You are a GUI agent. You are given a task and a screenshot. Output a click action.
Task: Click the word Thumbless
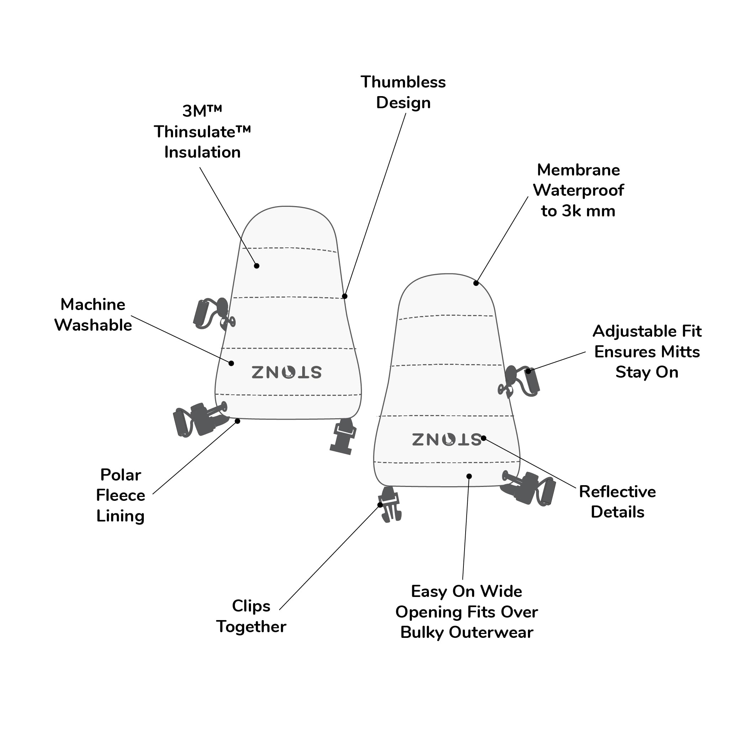click(x=403, y=82)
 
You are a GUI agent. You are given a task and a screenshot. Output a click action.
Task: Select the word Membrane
click(x=578, y=170)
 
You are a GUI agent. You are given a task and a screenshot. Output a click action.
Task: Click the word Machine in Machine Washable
click(x=93, y=304)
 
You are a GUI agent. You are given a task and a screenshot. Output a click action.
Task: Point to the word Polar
click(x=121, y=475)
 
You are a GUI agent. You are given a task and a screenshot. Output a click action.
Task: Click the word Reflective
click(x=617, y=492)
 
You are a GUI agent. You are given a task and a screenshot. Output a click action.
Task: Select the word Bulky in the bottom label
click(x=422, y=633)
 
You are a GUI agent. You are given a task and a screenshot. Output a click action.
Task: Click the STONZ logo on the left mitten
click(x=287, y=372)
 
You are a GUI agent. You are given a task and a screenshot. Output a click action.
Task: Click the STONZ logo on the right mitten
click(x=446, y=439)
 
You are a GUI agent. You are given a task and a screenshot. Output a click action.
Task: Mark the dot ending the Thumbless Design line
click(x=345, y=296)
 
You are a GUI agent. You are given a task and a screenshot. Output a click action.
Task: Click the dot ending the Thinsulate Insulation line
click(x=257, y=266)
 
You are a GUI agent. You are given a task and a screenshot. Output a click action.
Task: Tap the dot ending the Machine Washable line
click(x=231, y=363)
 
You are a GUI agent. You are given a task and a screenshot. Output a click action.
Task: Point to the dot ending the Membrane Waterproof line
click(x=476, y=283)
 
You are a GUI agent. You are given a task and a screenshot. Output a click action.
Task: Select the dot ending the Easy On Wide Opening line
click(x=469, y=476)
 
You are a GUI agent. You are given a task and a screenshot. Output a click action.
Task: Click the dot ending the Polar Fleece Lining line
click(x=237, y=421)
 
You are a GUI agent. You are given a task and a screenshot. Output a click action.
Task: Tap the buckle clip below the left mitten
click(x=343, y=436)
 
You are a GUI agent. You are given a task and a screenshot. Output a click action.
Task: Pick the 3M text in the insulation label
click(x=202, y=111)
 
